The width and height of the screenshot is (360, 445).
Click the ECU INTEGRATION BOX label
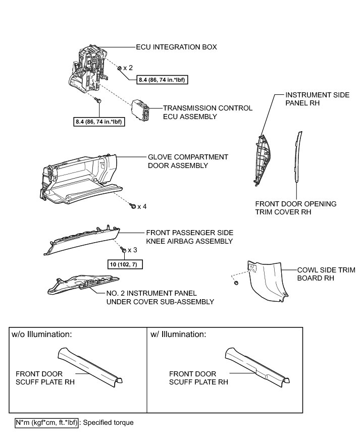point(177,47)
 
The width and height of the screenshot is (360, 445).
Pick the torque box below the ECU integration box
point(100,121)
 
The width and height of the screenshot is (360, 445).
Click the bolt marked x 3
point(123,249)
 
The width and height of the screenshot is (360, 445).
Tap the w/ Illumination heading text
point(178,335)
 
